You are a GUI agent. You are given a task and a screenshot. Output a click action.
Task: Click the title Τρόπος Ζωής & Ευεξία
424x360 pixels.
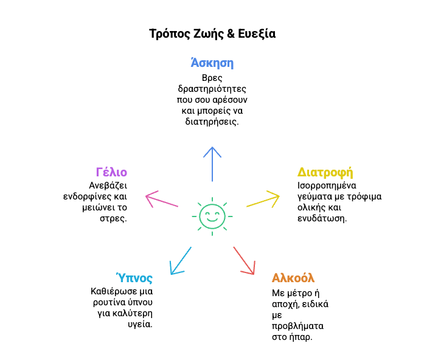point(212,34)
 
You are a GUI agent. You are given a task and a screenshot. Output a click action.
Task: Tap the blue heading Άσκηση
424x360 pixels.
point(212,63)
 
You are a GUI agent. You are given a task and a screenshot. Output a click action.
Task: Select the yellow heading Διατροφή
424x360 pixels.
point(325,172)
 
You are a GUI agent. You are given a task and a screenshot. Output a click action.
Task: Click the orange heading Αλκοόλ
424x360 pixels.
point(293,279)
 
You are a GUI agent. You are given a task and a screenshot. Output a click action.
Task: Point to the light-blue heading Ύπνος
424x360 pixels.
point(135,278)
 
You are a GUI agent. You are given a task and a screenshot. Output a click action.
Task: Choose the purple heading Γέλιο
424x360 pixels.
point(111,172)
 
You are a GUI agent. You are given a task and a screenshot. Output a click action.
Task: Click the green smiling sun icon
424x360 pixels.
point(212,215)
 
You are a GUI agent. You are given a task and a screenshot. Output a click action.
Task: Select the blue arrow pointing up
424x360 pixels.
point(212,164)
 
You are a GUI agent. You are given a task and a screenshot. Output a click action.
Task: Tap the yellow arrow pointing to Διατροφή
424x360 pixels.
point(263,200)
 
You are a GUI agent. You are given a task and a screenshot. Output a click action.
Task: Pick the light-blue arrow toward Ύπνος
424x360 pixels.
point(180,260)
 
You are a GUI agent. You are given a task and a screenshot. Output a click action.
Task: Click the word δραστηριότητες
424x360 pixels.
point(212,89)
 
